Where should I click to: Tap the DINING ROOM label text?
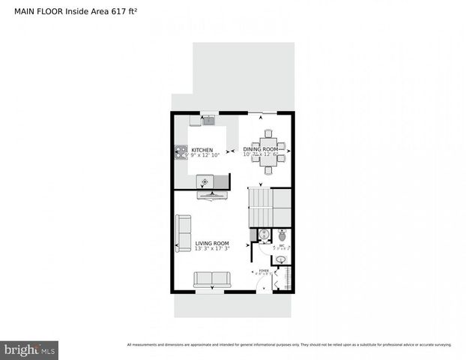pos(261,149)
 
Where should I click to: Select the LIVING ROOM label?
pos(212,244)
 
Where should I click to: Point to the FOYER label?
pos(264,271)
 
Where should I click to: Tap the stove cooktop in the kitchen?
pos(181,152)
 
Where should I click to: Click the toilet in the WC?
pos(282,235)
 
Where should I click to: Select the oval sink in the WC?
pos(280,260)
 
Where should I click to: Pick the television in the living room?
pos(213,196)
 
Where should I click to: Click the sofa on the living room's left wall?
pos(183,233)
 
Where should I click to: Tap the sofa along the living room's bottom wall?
pos(213,280)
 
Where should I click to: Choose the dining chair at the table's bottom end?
pos(268,170)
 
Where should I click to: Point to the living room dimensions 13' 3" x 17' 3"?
pos(212,249)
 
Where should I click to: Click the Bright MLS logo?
pos(30,349)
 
